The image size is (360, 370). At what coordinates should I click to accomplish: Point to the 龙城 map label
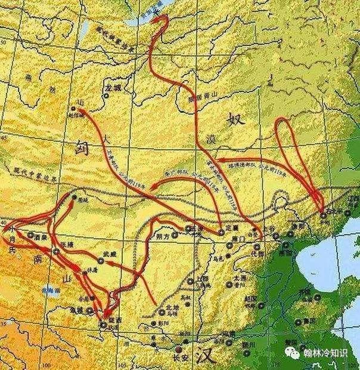(x=112, y=88)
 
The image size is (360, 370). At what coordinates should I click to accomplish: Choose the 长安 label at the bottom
(x=178, y=357)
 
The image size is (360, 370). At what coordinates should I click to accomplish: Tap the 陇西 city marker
(x=103, y=324)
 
